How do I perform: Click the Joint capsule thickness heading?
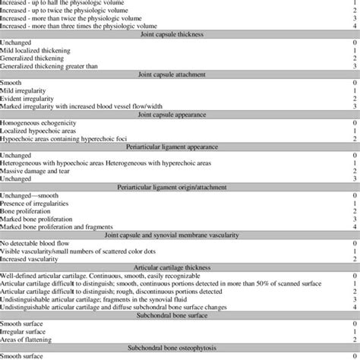[180, 33]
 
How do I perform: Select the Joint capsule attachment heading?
[180, 74]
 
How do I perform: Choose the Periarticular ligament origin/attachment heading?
[180, 186]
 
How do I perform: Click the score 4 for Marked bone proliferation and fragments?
[355, 226]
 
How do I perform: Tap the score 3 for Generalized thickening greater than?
[355, 66]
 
